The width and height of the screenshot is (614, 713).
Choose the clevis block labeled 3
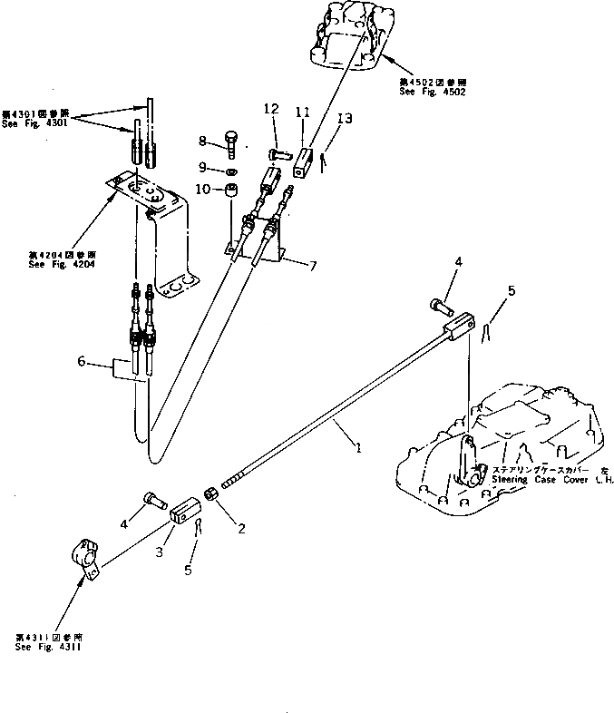(184, 514)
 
